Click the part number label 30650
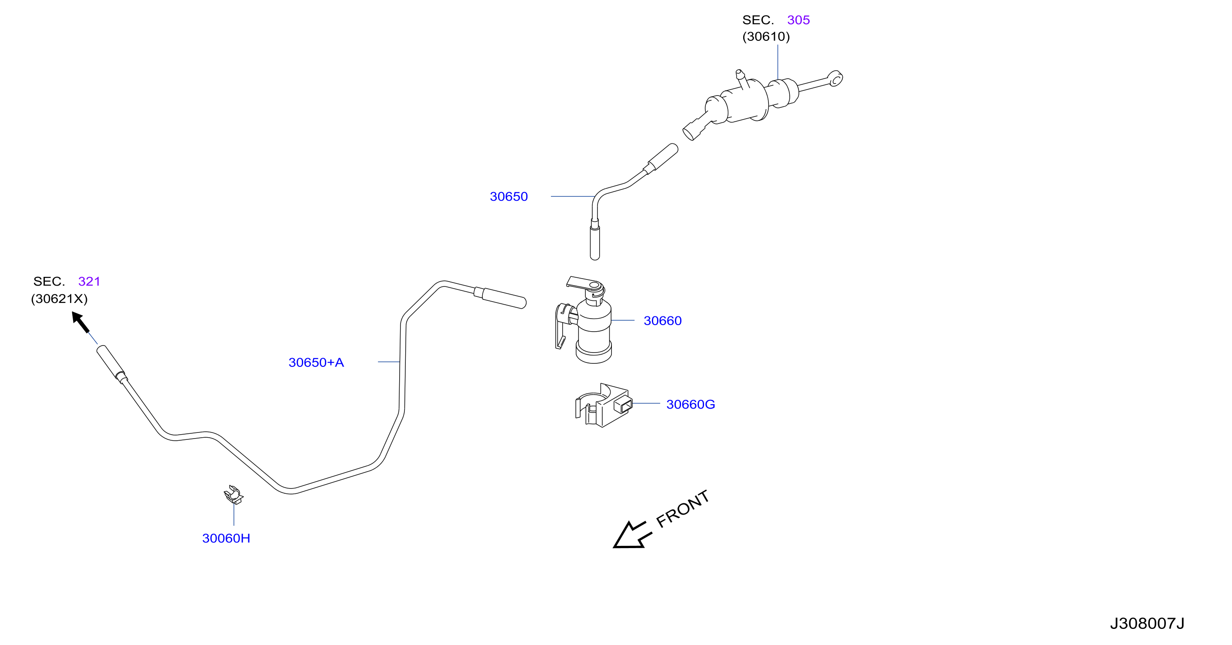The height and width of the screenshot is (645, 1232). point(508,196)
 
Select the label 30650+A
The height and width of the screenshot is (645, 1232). point(316,362)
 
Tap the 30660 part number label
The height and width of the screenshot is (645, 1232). point(662,321)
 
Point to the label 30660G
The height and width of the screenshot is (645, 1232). point(691,405)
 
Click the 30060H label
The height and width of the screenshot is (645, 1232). point(226,539)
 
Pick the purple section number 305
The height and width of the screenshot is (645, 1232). point(798,20)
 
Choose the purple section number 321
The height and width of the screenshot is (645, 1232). point(89,281)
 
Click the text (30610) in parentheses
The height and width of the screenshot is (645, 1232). point(766,37)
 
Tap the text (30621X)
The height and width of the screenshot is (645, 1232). point(59,299)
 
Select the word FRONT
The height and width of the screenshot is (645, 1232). point(682,509)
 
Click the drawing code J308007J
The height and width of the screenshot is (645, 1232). point(1147,623)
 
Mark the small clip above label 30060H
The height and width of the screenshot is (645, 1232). point(234,495)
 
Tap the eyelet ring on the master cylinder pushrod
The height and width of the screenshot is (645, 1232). point(835,79)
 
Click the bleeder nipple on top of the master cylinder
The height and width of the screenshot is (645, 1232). point(741,78)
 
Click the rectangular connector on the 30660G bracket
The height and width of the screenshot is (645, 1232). point(623,406)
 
